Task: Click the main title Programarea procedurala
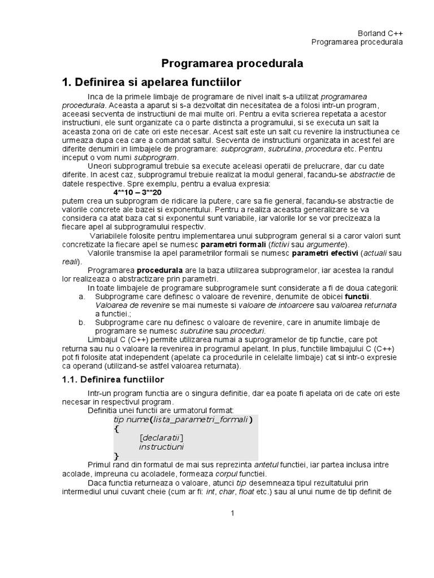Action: (232, 64)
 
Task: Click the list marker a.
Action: (82, 296)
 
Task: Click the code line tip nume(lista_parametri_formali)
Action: (183, 419)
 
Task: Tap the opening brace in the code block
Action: (117, 428)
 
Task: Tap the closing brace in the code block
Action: (117, 455)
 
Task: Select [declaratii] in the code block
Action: (162, 437)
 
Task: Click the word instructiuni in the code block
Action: (162, 446)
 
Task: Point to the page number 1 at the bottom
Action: (232, 513)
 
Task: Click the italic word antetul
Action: (267, 465)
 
